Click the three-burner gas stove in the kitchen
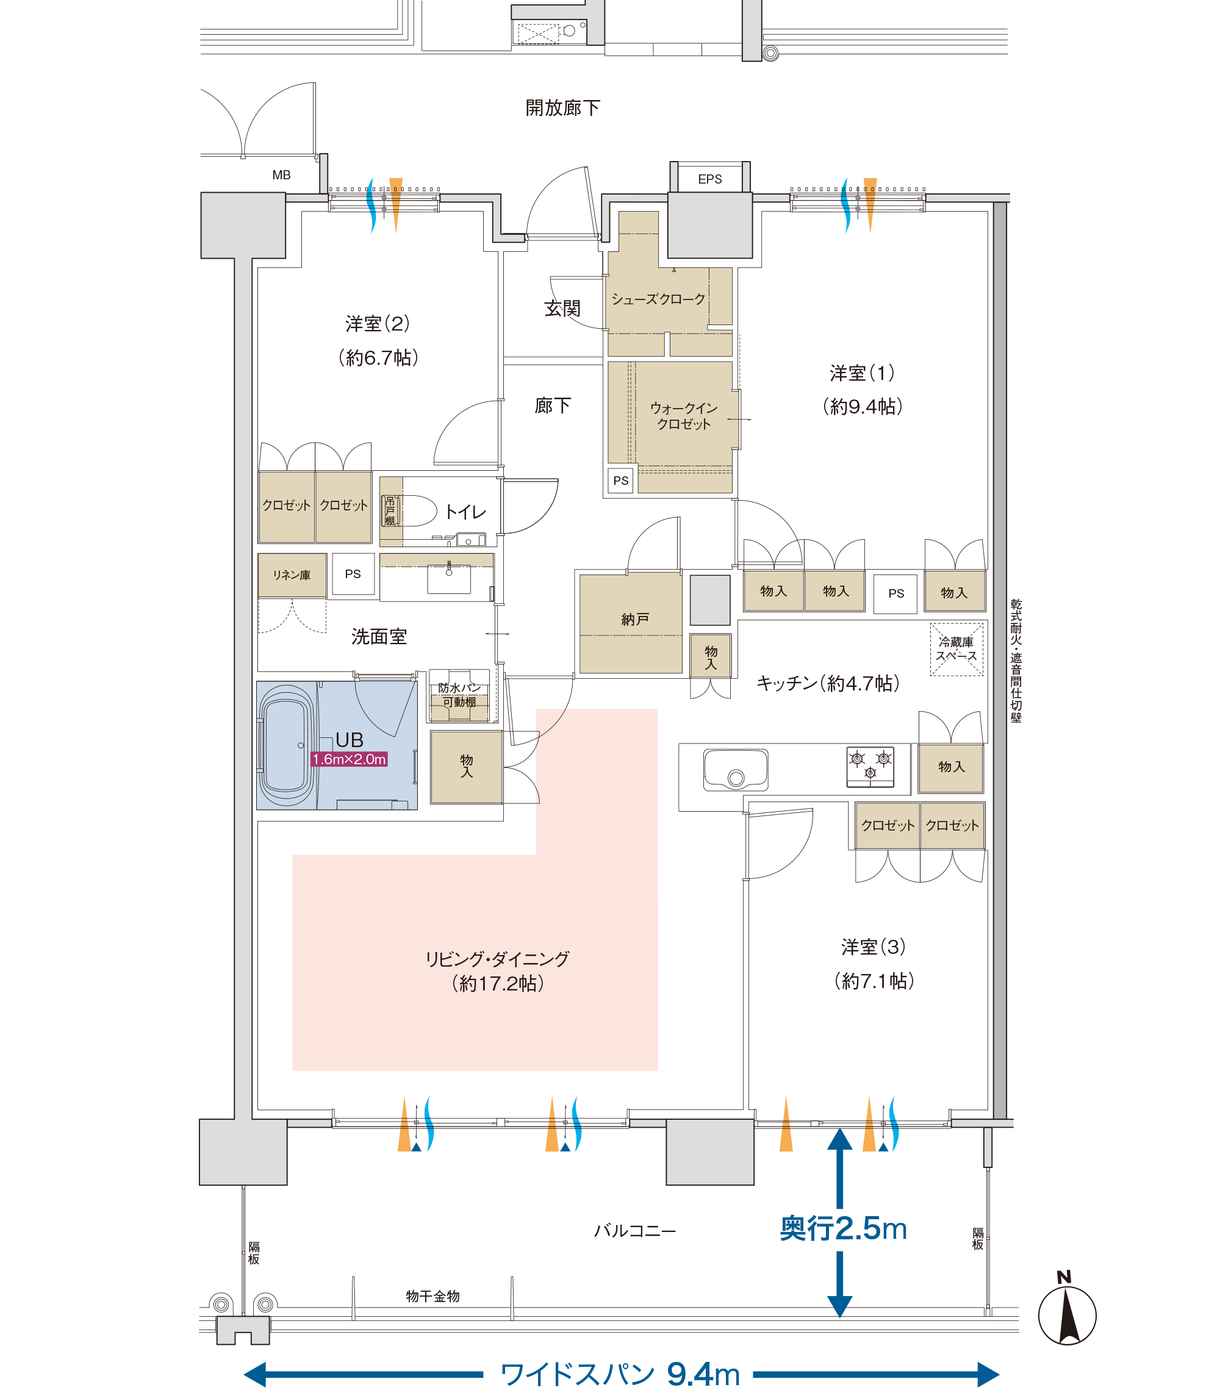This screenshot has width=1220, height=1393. coord(870,766)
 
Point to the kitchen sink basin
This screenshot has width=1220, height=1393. coord(735,770)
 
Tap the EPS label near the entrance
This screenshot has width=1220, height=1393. coord(709,179)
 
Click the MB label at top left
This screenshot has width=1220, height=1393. coord(281,175)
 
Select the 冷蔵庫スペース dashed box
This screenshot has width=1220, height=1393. coord(956,649)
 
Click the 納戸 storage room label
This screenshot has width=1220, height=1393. coord(634,619)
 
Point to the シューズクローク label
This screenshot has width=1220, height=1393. coord(658,299)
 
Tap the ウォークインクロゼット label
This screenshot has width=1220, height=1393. coord(684,416)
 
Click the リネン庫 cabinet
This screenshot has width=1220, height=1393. coord(292,575)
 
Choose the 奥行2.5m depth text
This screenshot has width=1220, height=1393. coord(843,1228)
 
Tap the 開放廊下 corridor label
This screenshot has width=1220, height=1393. coord(562,108)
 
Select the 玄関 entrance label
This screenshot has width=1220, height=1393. coord(562,308)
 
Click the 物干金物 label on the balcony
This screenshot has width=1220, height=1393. coord(432,1297)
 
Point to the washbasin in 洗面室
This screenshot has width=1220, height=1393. coord(448,578)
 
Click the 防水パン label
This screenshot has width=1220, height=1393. coord(459,688)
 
